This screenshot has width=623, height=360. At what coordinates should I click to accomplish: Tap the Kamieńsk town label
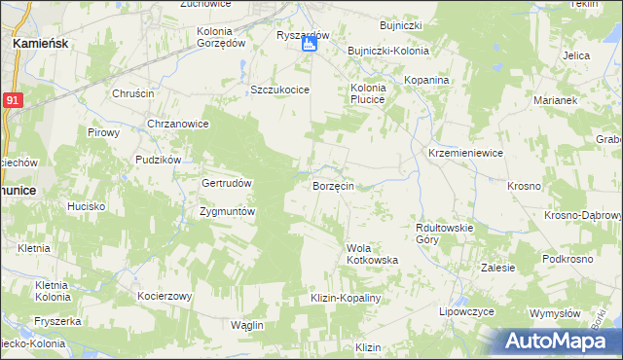[39, 44]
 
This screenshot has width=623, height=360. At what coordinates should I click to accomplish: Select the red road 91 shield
[11, 100]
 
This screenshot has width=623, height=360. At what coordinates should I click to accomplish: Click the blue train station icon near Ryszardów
[309, 45]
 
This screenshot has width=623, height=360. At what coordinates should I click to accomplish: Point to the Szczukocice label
[279, 90]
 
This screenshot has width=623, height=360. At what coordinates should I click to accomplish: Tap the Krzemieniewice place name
[465, 153]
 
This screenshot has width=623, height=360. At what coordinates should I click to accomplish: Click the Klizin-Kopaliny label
[345, 298]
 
